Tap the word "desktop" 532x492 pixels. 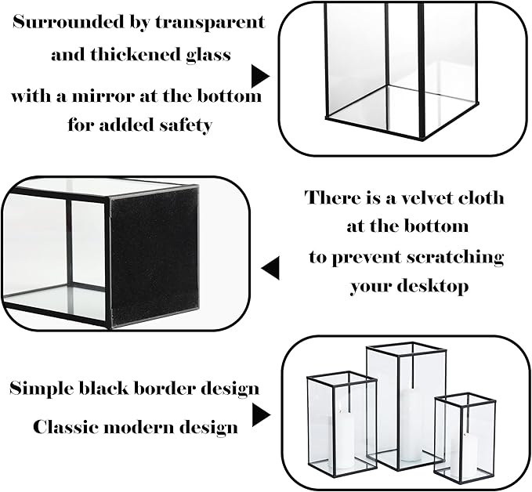[x=431, y=287]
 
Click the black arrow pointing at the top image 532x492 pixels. [x=259, y=76]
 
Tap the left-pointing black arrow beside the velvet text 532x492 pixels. [x=270, y=270]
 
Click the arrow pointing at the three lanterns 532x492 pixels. [x=259, y=414]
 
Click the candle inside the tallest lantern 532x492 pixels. [x=409, y=427]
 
